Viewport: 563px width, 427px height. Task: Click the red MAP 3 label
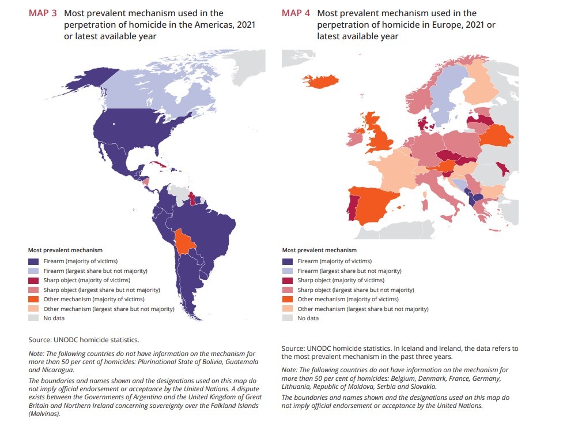pos(43,13)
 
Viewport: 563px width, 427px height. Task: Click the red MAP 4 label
pos(296,13)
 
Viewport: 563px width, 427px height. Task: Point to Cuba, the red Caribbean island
pos(156,164)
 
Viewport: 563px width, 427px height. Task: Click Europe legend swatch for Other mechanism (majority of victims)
pos(288,299)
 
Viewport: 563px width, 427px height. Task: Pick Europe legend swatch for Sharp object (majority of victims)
pos(288,280)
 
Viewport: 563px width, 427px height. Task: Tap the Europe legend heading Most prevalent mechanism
pos(319,250)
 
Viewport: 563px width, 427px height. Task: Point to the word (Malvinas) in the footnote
pos(44,414)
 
